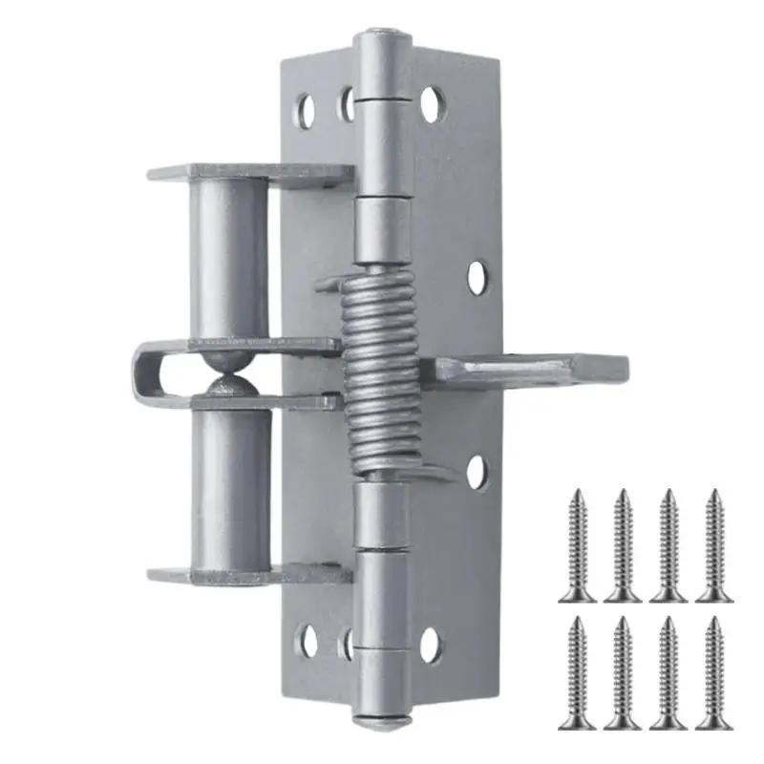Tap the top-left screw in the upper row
[580, 545]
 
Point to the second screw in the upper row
[624, 545]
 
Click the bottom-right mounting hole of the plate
[431, 646]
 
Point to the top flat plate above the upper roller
[248, 174]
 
